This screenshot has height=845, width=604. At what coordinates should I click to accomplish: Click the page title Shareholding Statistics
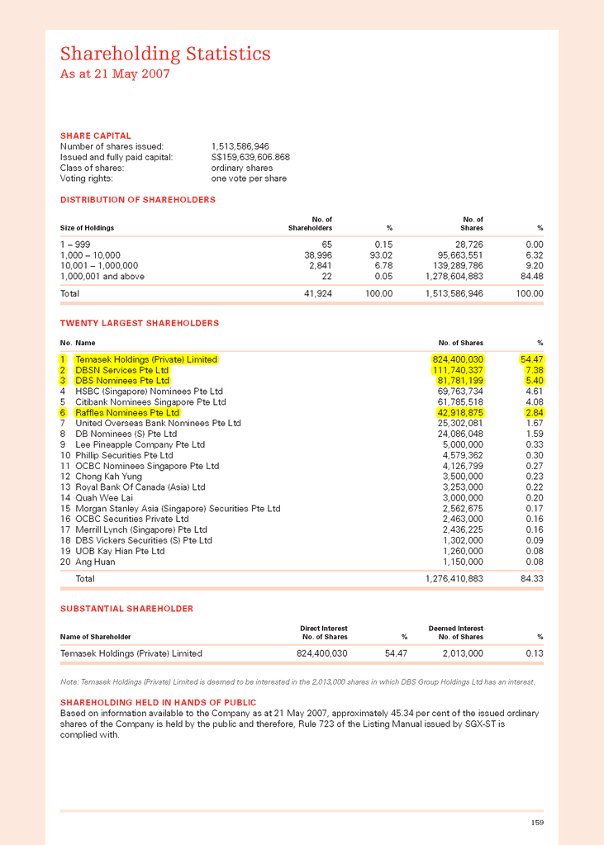pos(165,55)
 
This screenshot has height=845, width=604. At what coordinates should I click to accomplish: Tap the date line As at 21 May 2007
pos(115,74)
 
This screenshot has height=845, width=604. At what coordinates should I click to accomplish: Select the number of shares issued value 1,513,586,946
pos(240,146)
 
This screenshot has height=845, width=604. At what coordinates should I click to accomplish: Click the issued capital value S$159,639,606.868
pos(250,157)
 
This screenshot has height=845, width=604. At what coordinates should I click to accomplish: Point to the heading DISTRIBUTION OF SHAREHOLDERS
pos(137,200)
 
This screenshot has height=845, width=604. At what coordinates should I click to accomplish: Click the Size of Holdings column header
pos(87,227)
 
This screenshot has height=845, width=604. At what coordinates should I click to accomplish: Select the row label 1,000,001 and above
pos(102,277)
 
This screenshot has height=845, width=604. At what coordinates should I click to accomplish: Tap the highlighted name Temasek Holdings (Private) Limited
pos(146,359)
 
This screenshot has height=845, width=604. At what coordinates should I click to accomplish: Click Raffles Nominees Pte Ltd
pos(127,412)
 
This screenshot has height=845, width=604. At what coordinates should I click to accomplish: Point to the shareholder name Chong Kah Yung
pos(108,477)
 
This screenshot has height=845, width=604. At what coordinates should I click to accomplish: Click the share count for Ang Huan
pos(463,562)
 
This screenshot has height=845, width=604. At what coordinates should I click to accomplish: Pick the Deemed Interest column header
pos(456,628)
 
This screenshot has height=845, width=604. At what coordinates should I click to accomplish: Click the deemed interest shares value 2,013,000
pos(460,653)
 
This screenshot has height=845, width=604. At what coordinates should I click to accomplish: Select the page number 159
pos(537,822)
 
